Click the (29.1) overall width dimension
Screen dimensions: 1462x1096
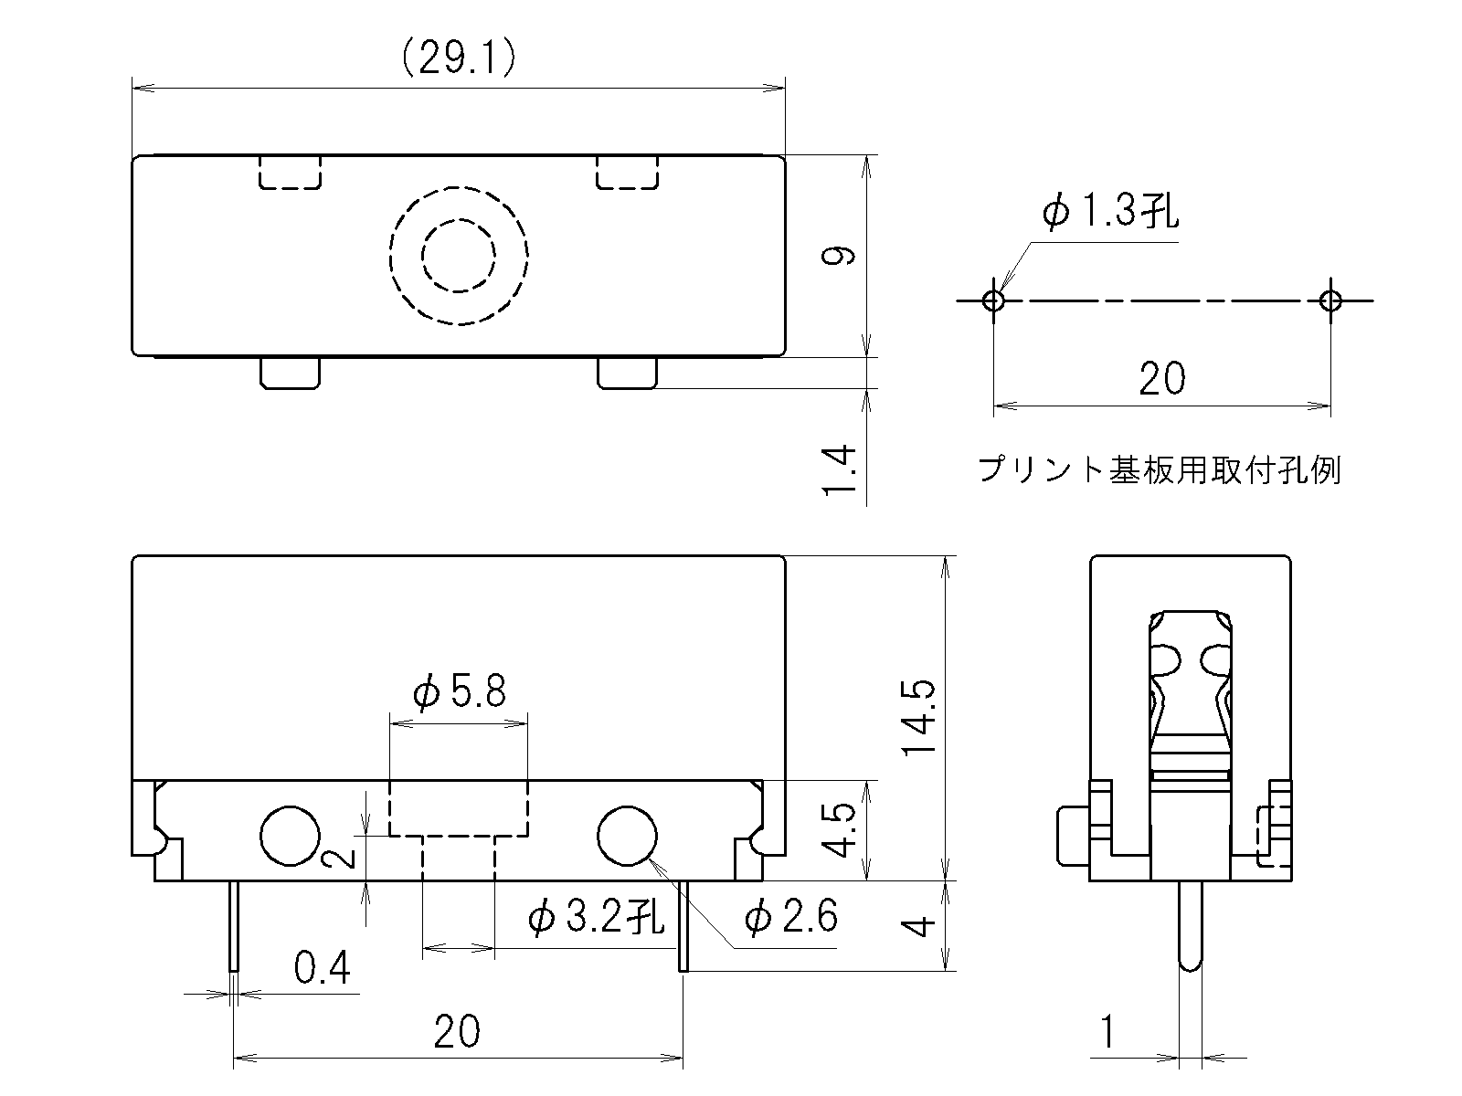click(459, 58)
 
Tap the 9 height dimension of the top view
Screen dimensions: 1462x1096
click(838, 256)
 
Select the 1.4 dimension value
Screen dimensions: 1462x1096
click(839, 470)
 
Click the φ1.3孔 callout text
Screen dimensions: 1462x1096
click(1110, 211)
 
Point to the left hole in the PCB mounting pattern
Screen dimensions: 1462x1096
click(993, 300)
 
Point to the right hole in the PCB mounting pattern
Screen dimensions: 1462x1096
click(1330, 300)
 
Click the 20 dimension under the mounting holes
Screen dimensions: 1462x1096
click(1162, 379)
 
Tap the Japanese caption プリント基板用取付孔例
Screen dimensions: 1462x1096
click(1159, 469)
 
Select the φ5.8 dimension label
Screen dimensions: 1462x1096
click(460, 690)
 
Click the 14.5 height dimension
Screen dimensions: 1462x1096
click(918, 718)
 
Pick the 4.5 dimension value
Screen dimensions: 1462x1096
click(838, 829)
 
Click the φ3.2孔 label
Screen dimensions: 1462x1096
click(596, 916)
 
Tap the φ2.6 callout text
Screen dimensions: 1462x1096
click(790, 916)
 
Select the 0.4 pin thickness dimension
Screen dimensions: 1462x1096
click(323, 967)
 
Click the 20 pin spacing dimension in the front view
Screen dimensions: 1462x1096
click(457, 1031)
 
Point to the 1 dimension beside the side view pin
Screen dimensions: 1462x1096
click(1107, 1032)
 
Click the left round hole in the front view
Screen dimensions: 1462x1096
click(290, 837)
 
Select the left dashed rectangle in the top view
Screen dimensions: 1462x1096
click(290, 173)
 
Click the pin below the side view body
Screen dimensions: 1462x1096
click(1191, 925)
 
